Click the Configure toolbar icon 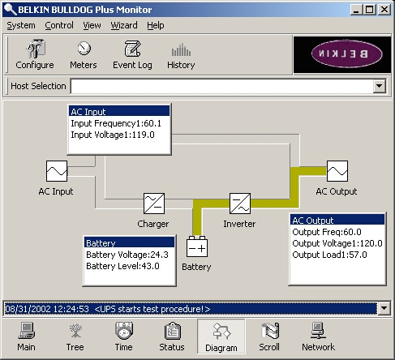(36, 49)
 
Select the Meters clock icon (84, 49)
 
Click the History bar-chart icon (181, 49)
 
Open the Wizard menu (124, 25)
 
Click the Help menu (156, 25)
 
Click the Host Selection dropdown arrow (380, 86)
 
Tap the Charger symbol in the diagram (154, 204)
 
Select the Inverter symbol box (240, 204)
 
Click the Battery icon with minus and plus (197, 246)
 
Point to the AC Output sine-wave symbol (337, 171)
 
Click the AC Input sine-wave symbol (57, 171)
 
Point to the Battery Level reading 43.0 (150, 266)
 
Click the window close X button (384, 10)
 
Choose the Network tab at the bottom (318, 336)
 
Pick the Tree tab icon (75, 331)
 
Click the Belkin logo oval (347, 54)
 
